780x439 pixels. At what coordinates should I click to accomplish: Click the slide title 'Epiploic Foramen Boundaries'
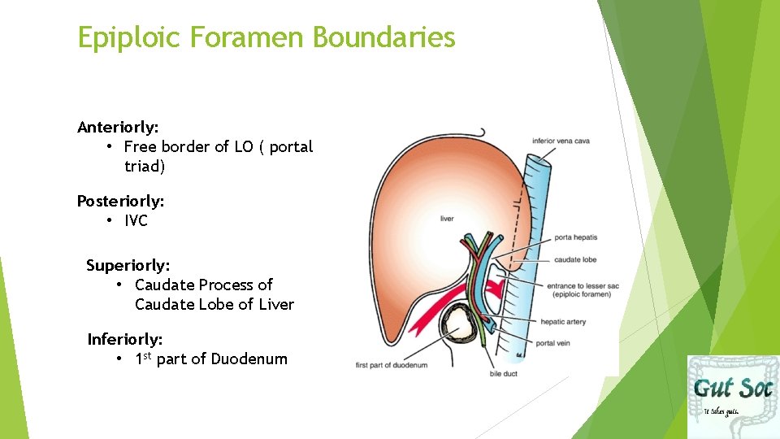(266, 37)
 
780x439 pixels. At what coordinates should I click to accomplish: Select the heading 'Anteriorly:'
(118, 127)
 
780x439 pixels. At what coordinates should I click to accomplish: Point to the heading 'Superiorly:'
(128, 265)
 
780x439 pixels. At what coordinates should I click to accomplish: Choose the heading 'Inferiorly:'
(128, 339)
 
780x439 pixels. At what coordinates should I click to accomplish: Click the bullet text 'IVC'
(136, 220)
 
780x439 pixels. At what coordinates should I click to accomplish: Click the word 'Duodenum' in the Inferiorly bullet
(249, 359)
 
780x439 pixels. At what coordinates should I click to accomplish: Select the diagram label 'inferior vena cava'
(561, 141)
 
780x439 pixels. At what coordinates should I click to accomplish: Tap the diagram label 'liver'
(446, 218)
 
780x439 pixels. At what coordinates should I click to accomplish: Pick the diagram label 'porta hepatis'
(575, 237)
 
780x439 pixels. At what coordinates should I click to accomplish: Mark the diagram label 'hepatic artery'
(563, 322)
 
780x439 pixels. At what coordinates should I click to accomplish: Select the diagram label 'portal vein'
(554, 343)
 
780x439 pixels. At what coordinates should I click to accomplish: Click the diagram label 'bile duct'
(503, 374)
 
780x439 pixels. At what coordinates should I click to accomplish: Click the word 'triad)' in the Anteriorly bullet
(145, 167)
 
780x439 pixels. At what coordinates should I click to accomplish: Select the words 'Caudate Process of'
(203, 285)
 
